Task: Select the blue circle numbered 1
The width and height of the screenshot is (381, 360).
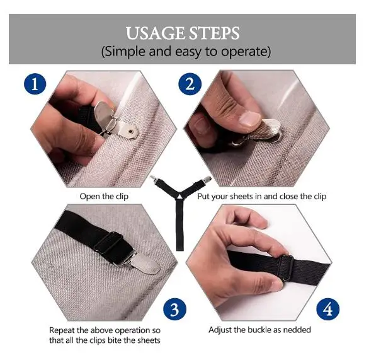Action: tap(35, 84)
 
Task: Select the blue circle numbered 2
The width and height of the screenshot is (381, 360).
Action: tap(190, 84)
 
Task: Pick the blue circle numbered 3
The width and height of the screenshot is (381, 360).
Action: tap(174, 310)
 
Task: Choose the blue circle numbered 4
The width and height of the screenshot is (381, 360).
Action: tap(328, 310)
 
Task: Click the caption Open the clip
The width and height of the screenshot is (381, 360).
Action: tap(104, 197)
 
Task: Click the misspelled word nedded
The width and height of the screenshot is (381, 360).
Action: tap(297, 330)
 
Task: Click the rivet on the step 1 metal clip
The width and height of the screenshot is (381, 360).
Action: tap(131, 131)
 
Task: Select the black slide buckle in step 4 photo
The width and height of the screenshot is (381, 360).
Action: tap(286, 268)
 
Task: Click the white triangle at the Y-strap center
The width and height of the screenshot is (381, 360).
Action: tap(179, 196)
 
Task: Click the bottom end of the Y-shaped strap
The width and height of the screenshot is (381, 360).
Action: tap(179, 250)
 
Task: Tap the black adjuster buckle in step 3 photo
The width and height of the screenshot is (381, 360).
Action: tap(108, 242)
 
